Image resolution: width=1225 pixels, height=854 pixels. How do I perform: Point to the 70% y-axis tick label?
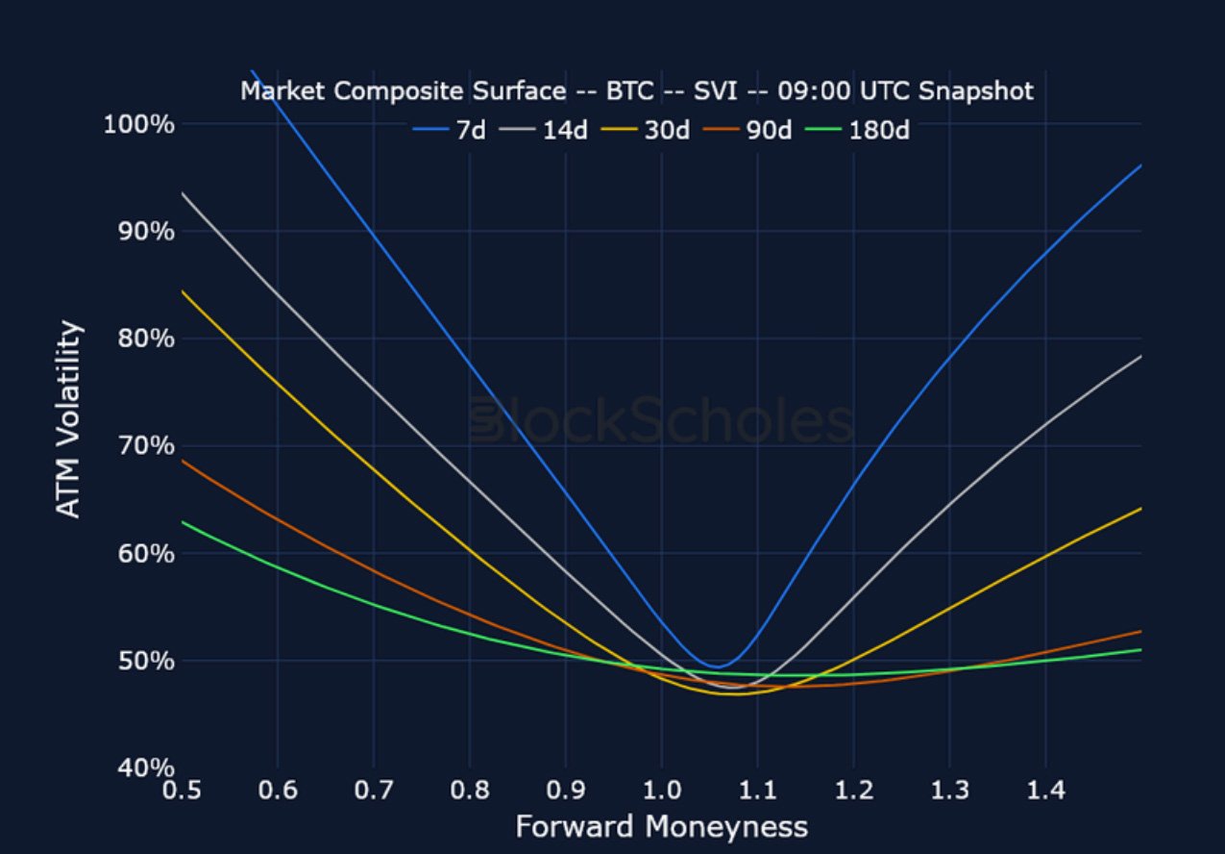[x=140, y=446]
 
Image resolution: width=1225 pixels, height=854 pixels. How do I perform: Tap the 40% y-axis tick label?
[x=140, y=767]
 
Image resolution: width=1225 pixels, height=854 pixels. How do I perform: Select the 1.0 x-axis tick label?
[x=661, y=791]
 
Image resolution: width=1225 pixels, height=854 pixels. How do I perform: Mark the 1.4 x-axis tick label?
[x=1045, y=791]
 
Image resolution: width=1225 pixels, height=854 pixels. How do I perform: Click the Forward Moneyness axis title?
[x=661, y=827]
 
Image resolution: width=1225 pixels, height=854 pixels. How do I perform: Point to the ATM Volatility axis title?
[x=68, y=419]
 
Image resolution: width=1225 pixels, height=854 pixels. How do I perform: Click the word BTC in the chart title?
[x=629, y=91]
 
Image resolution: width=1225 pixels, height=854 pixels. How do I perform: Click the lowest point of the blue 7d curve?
[x=716, y=666]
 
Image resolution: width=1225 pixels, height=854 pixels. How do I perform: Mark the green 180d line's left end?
[x=182, y=521]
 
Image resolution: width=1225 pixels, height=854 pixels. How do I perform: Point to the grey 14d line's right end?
[x=1140, y=356]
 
